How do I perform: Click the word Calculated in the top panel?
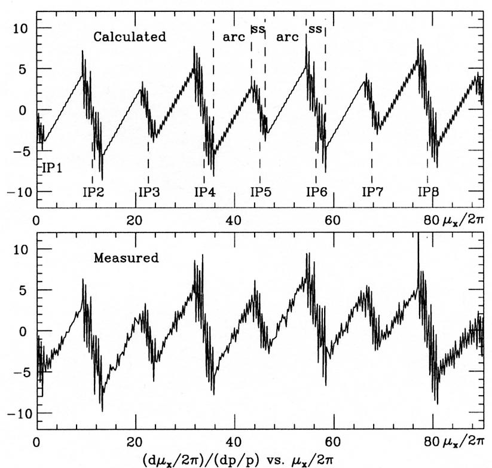[x=129, y=36]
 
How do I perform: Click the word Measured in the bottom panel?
[x=126, y=258]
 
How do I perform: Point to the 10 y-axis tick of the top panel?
[x=23, y=27]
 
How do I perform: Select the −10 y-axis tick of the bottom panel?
[x=18, y=413]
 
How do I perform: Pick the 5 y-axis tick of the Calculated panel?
[x=26, y=69]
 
